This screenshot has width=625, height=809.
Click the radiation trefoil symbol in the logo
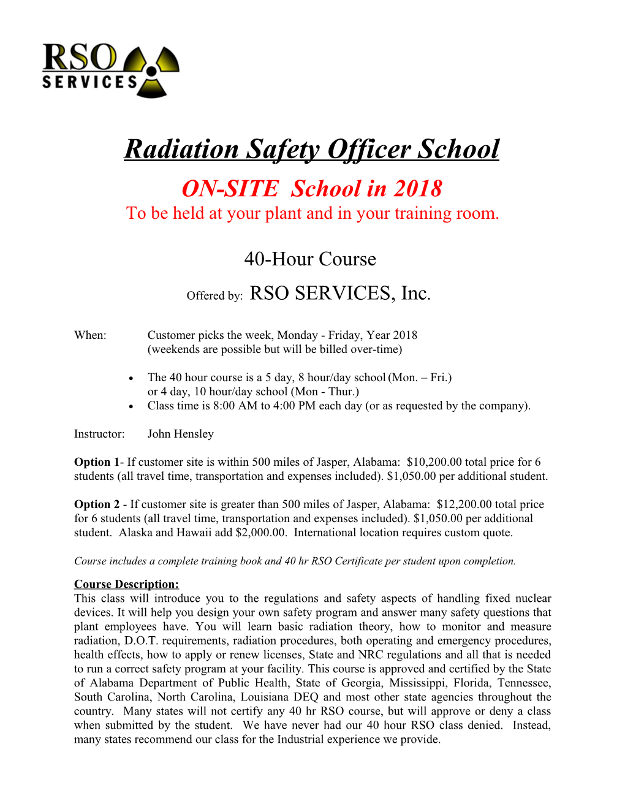[151, 72]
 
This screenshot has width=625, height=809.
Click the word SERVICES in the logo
[90, 82]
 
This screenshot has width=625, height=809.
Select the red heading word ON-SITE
[230, 189]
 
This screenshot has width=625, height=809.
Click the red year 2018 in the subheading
[417, 189]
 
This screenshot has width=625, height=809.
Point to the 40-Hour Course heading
[310, 259]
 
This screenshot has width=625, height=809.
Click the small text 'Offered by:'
[214, 296]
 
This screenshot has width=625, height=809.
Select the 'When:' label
[90, 335]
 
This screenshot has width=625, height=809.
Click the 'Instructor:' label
[99, 434]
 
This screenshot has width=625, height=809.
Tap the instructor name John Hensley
[180, 434]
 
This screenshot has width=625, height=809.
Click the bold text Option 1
[96, 462]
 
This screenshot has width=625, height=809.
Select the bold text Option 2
[96, 504]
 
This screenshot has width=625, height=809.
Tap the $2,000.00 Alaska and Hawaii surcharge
[260, 533]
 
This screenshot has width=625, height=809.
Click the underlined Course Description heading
[126, 584]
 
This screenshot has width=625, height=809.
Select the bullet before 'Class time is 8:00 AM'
[131, 406]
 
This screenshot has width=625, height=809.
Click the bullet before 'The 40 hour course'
[131, 378]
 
